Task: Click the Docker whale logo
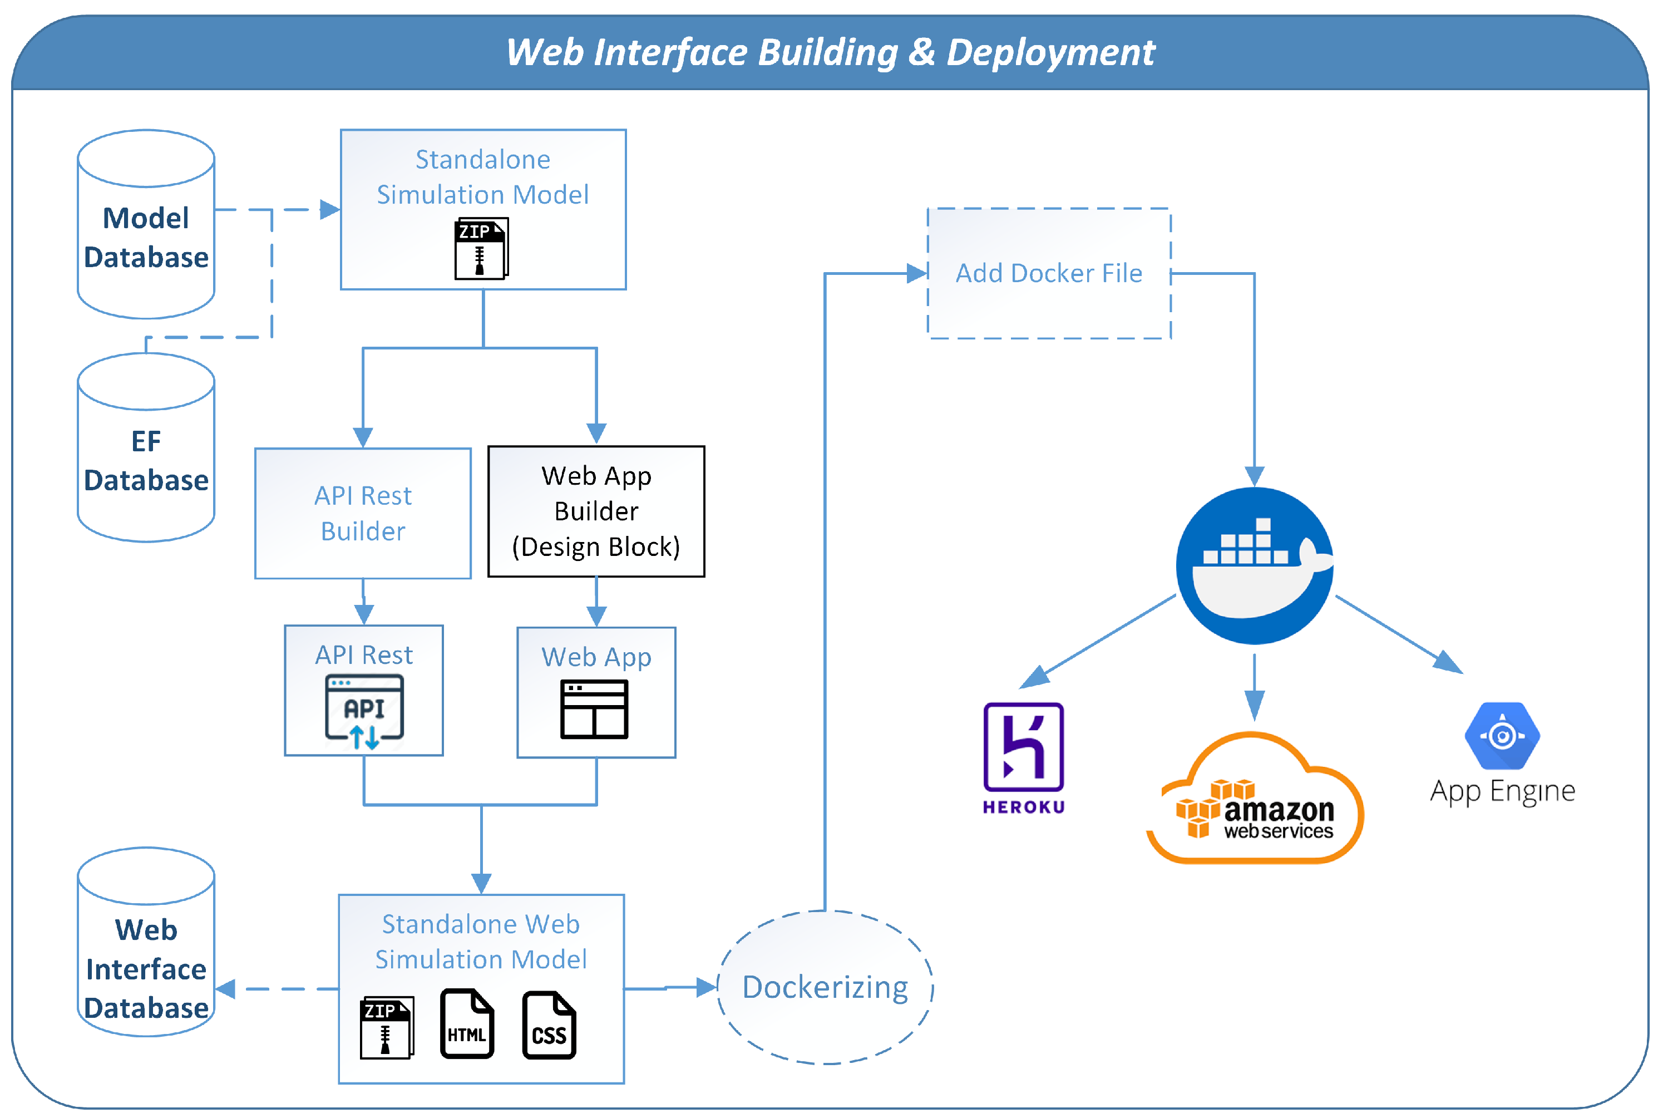[1254, 565]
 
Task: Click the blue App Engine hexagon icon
[1502, 735]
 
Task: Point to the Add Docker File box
[1049, 273]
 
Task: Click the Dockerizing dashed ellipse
[825, 988]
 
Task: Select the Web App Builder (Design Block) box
[596, 511]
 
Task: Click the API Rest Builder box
[363, 513]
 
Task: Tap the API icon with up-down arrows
[364, 711]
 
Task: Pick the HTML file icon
[467, 1024]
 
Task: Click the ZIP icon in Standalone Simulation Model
[481, 249]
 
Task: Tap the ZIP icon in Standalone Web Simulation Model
[386, 1027]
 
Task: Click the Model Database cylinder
[146, 225]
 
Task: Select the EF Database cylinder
[146, 448]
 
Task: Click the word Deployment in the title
[1050, 53]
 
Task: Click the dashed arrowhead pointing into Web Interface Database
[225, 989]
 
